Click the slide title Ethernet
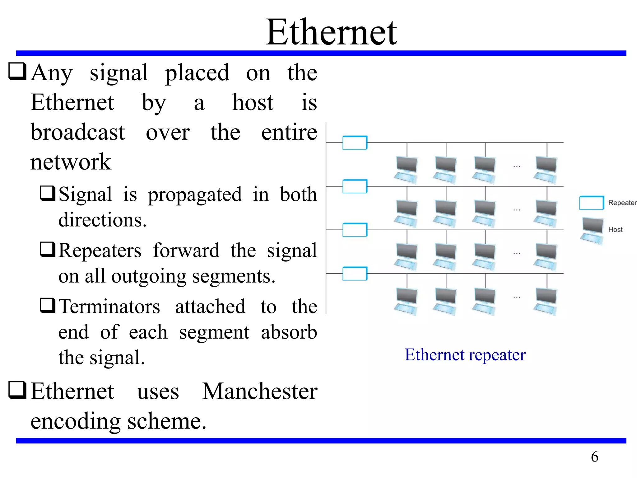click(x=331, y=32)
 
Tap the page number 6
click(x=594, y=457)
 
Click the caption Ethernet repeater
click(x=465, y=354)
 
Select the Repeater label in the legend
click(x=622, y=203)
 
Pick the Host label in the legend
click(x=615, y=230)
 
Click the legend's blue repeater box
click(x=591, y=203)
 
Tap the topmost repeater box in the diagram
click(x=355, y=143)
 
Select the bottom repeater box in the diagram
click(x=355, y=274)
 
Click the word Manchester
click(x=260, y=391)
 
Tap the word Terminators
click(x=109, y=307)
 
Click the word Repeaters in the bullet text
click(x=100, y=251)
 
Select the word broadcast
click(x=78, y=132)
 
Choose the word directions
click(x=102, y=220)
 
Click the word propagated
click(x=194, y=194)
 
